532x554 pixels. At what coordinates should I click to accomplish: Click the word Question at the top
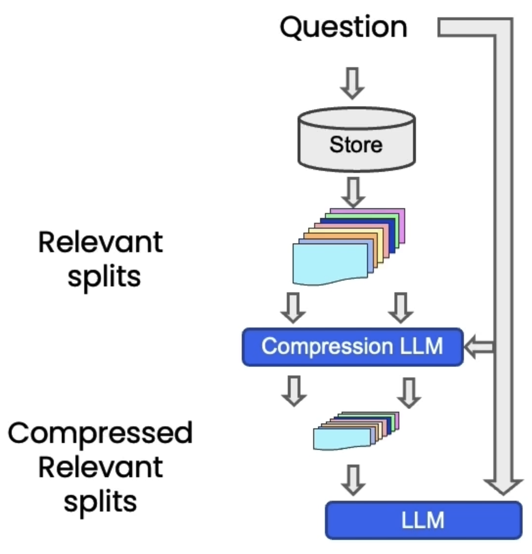[343, 28]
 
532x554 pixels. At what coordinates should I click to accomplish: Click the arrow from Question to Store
[352, 83]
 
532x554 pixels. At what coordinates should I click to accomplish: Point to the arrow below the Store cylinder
[353, 192]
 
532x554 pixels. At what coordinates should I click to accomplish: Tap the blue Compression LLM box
[352, 347]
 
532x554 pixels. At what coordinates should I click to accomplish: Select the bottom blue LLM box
[423, 520]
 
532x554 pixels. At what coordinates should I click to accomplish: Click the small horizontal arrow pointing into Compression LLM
[479, 347]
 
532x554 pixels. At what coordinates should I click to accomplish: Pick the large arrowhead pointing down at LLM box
[503, 486]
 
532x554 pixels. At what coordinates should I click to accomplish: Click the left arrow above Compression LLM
[293, 308]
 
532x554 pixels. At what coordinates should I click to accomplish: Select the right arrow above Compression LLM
[401, 308]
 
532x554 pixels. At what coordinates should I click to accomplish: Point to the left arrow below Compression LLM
[294, 391]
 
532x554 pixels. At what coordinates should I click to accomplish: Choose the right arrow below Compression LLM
[409, 393]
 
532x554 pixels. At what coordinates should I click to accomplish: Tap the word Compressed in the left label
[100, 433]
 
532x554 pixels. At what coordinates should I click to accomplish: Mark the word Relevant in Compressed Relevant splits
[100, 467]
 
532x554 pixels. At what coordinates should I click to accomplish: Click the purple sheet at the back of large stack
[401, 226]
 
